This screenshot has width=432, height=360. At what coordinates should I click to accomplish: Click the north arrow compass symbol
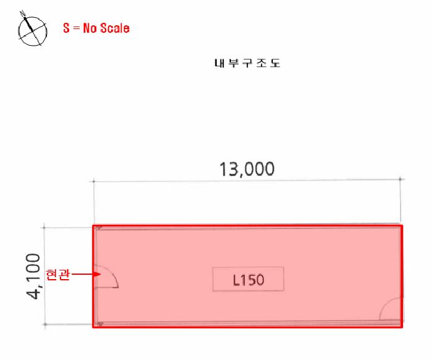pos(33,30)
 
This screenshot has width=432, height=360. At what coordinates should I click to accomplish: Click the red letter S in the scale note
pos(66,28)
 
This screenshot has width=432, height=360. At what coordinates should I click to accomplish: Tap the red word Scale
pos(115,28)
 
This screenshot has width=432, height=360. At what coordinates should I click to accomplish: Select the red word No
pos(90,28)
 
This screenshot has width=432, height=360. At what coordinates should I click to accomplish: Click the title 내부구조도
pos(247,63)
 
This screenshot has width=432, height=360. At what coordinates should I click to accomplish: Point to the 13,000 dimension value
pos(247,169)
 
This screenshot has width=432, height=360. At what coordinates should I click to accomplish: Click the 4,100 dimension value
pos(33,276)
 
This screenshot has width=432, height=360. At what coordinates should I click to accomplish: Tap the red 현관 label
pos(57,275)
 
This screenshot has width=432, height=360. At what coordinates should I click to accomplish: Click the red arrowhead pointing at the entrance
pos(97,274)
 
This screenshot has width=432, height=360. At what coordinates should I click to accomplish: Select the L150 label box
pos(248,278)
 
